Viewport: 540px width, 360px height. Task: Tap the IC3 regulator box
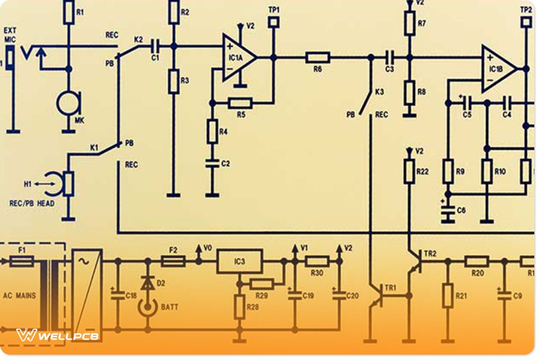click(x=239, y=261)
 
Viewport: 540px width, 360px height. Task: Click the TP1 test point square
click(x=273, y=21)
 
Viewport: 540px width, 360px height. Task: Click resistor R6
click(x=318, y=58)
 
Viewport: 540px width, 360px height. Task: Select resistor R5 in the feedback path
click(x=240, y=103)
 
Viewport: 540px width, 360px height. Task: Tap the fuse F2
click(x=173, y=261)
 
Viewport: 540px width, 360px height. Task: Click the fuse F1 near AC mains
click(x=22, y=261)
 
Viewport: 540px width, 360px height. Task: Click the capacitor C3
click(x=390, y=58)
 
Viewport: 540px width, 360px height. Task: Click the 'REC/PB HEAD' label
click(x=32, y=203)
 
